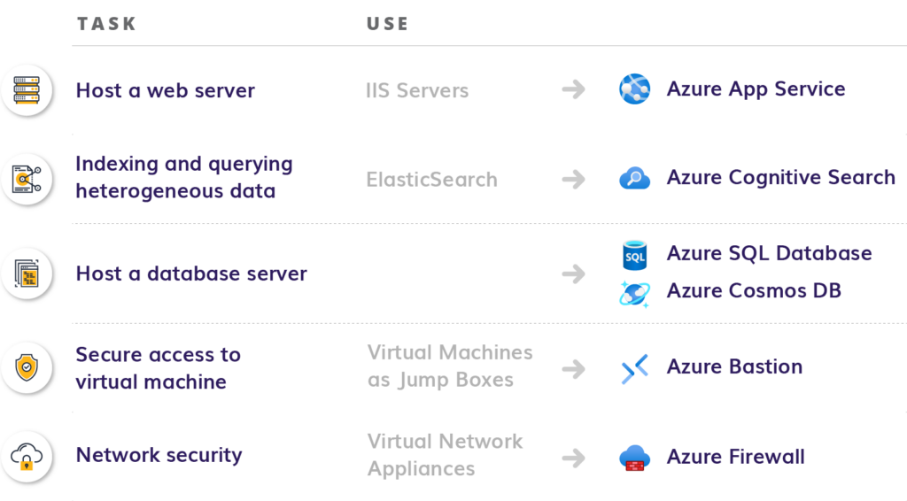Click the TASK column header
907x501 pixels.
106,25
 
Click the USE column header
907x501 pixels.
387,25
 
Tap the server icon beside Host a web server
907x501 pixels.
29,90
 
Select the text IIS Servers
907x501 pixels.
416,90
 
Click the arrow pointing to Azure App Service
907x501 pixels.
573,90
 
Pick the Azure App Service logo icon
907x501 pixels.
634,89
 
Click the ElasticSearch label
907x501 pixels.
431,180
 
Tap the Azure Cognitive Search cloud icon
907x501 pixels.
634,179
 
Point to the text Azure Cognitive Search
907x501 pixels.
780,178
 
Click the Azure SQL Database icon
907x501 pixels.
635,255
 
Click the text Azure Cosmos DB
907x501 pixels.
754,291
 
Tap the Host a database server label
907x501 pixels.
191,274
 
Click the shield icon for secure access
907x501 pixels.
29,367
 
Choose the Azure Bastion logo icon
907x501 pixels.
634,368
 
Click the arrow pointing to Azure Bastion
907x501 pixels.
573,368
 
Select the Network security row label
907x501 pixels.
159,456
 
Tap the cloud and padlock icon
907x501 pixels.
29,457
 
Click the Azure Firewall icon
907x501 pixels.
634,458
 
